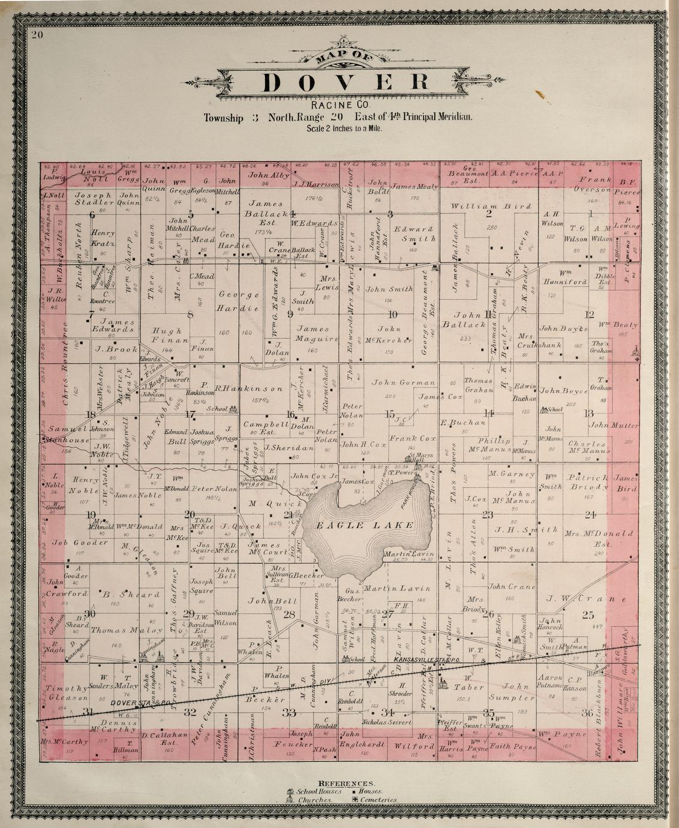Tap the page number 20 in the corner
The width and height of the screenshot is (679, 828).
tap(38, 35)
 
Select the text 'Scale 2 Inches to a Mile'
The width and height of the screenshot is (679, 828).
tap(344, 128)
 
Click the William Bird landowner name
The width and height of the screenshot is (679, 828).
tap(492, 206)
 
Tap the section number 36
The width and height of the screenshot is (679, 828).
tap(587, 712)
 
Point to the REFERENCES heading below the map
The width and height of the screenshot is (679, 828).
tap(347, 784)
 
